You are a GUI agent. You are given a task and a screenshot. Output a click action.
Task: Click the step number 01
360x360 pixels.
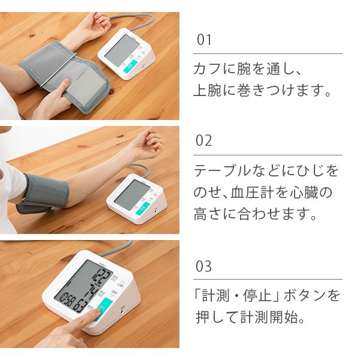point(205,41)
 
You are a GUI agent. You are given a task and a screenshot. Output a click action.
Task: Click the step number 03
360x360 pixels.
point(205,266)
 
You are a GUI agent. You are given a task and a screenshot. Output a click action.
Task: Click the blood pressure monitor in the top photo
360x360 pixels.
point(128,54)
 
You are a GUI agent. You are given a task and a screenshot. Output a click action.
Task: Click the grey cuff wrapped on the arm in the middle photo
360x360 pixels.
point(45,192)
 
